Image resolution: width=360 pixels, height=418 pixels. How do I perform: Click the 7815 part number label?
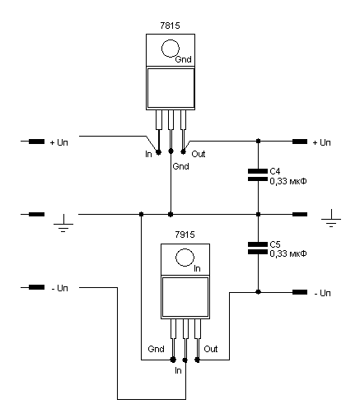170,26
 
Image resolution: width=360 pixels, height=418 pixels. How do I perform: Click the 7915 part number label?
185,235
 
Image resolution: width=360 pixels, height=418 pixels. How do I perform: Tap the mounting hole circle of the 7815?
171,49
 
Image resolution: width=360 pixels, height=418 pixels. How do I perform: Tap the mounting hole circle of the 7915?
185,258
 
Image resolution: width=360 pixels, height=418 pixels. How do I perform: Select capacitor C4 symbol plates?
258,175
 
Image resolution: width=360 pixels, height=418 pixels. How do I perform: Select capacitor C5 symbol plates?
258,248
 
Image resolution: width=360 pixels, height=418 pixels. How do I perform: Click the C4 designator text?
275,171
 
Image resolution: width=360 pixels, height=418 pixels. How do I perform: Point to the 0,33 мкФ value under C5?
288,253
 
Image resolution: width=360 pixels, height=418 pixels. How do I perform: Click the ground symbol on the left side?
63,223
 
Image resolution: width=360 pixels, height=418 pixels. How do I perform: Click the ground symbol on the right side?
331,218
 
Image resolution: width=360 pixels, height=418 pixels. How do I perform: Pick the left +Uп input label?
58,142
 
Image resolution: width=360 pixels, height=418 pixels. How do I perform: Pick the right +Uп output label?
322,142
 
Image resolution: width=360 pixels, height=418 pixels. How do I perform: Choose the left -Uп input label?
59,288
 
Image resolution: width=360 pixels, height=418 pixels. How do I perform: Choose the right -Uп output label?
322,293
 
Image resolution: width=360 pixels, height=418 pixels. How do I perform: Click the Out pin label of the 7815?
199,154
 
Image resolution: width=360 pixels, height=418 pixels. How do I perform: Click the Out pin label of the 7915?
211,349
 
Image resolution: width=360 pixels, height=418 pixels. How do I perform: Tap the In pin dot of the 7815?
158,151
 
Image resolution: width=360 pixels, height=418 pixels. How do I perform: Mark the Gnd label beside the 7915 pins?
156,349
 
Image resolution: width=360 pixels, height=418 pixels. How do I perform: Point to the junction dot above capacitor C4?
258,141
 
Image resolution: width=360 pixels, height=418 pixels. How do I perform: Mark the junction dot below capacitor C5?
258,292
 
